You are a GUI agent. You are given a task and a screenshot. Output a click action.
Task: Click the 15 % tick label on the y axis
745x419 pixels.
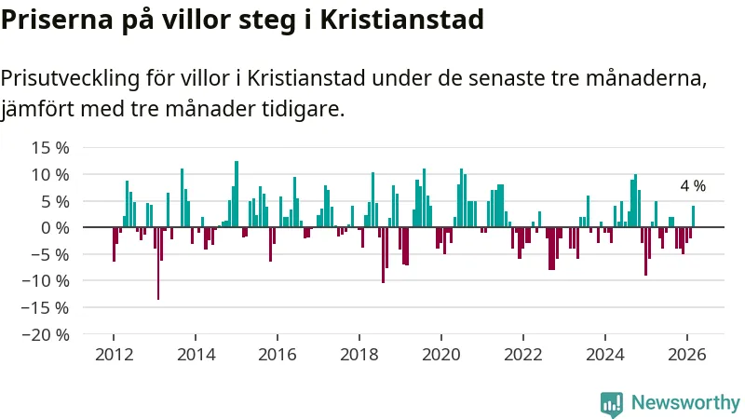pos(50,147)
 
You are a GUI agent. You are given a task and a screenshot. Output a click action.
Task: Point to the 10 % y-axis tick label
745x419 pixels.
pos(50,174)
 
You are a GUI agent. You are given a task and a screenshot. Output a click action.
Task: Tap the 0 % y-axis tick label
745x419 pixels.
pos(56,227)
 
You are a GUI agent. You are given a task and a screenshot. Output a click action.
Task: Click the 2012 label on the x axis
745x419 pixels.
pos(113,354)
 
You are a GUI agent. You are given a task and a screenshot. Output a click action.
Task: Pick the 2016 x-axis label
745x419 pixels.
pos(278,354)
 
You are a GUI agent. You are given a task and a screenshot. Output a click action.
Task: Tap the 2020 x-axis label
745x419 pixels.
pos(441,354)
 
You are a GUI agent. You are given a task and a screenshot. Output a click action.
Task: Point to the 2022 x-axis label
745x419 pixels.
pos(523,354)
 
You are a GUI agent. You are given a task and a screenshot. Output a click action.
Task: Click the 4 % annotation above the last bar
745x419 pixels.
pos(693,186)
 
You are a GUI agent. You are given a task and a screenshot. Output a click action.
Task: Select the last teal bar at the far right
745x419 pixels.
pos(693,217)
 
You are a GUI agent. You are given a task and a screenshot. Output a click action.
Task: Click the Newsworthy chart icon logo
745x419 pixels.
pos(612,403)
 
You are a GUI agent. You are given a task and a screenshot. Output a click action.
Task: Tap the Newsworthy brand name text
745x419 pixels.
pos(685,403)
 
